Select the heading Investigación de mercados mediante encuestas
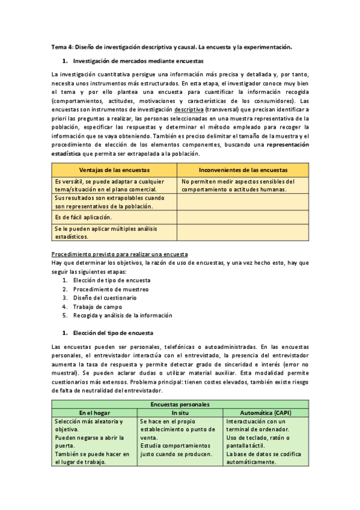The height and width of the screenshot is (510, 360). pos(138,61)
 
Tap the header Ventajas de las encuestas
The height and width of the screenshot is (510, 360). pos(114,170)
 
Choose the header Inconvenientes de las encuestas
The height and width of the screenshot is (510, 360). pos(243,170)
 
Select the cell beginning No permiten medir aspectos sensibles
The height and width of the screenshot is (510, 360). pos(238,185)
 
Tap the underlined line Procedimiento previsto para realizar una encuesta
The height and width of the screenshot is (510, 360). pos(120,254)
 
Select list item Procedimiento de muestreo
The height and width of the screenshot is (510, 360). pos(111,289)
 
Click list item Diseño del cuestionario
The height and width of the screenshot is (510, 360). pos(105,298)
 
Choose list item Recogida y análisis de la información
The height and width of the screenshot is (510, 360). pos(123,315)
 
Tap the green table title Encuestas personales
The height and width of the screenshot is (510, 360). pos(180,405)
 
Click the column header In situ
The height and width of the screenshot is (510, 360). pos(180,413)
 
